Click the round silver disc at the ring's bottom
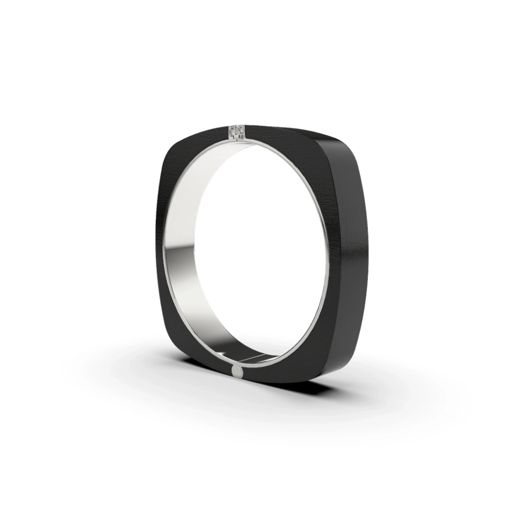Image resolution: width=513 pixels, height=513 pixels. click(238, 371)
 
